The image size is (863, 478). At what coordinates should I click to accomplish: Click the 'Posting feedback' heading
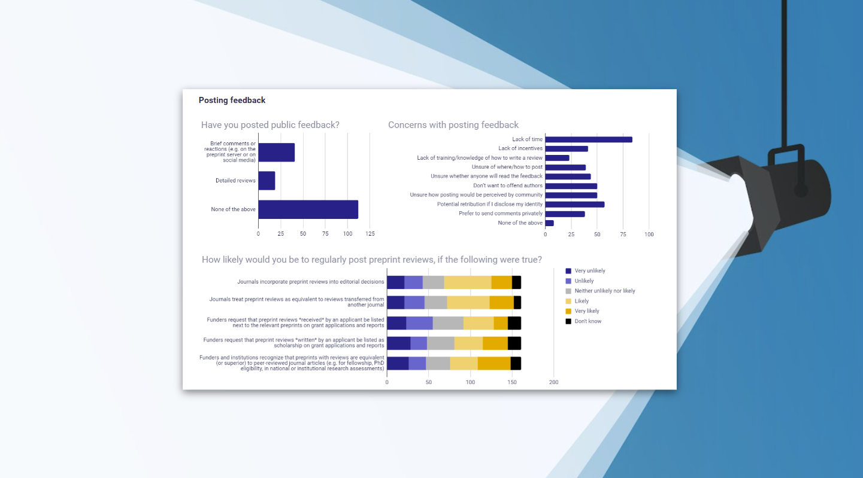[x=232, y=101]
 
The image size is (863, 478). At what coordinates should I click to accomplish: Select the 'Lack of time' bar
[x=588, y=139]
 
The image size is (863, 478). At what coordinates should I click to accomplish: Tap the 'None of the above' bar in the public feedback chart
[x=308, y=209]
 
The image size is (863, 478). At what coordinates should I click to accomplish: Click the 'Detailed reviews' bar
[x=267, y=181]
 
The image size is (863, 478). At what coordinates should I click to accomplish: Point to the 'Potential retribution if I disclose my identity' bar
[x=574, y=205]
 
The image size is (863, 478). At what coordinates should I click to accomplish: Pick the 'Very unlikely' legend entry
[x=589, y=271]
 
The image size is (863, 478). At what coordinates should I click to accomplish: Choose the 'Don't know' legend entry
[x=588, y=321]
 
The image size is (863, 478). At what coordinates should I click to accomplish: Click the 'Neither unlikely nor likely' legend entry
[x=604, y=291]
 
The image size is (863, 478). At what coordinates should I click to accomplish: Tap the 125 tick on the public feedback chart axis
[x=370, y=234]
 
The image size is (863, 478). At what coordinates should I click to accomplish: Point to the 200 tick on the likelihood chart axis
[x=553, y=382]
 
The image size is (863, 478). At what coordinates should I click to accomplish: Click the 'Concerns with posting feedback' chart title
[x=453, y=125]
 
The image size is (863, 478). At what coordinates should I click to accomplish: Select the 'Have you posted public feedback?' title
[x=270, y=125]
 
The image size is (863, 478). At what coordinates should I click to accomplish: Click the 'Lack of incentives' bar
[x=566, y=149]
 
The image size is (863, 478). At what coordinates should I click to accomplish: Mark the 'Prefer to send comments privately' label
[x=501, y=214]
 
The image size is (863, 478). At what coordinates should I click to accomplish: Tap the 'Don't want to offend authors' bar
[x=571, y=186]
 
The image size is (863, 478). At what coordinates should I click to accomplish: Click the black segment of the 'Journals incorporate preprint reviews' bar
[x=516, y=282]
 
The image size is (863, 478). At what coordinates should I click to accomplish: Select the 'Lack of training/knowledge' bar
[x=557, y=158]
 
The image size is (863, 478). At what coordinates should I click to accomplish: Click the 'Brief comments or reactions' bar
[x=276, y=153]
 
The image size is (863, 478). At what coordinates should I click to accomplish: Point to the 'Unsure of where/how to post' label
[x=507, y=167]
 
